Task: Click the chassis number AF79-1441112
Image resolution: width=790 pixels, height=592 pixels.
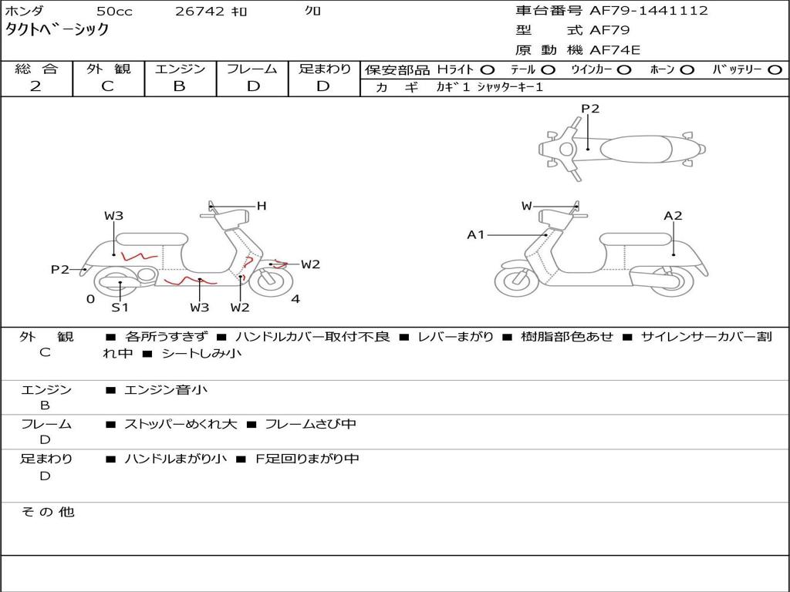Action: click(648, 11)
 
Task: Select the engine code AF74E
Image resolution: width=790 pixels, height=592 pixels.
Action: click(615, 50)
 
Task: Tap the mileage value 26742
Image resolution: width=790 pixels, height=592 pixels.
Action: click(200, 11)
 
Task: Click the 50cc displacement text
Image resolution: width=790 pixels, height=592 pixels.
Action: click(114, 11)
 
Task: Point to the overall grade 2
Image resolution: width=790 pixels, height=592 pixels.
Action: click(35, 86)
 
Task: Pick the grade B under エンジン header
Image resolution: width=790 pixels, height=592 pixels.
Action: click(179, 86)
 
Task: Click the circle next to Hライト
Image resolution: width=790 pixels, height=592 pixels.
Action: click(488, 70)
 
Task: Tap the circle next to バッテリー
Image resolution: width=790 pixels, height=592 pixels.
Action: click(775, 70)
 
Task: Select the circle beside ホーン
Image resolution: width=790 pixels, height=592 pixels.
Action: click(687, 70)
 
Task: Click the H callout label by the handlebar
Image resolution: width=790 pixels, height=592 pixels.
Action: click(262, 206)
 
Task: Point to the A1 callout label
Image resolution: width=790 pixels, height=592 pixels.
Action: click(475, 234)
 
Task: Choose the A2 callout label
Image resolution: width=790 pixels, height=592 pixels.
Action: click(673, 216)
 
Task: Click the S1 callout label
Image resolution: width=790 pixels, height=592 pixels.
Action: click(120, 307)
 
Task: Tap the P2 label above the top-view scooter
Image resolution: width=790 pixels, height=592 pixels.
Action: click(590, 109)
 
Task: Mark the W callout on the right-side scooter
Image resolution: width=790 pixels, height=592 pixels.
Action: click(526, 206)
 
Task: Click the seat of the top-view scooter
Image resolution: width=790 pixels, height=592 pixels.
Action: click(636, 149)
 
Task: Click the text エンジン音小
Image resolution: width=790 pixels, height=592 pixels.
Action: click(166, 389)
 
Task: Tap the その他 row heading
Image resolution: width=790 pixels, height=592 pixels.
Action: click(47, 512)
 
